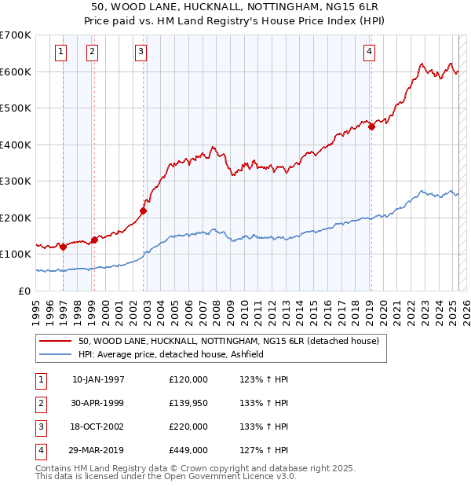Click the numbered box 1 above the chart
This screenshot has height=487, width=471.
(61, 53)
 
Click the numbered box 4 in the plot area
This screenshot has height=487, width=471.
(369, 53)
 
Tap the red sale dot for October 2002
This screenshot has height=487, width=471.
(144, 211)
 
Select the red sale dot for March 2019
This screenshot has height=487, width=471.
(371, 127)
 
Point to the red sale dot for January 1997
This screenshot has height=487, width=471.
(63, 247)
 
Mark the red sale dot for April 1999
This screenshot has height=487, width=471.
(94, 240)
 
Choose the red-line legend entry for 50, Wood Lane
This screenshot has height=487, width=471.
(228, 341)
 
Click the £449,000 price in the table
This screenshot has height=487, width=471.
(188, 450)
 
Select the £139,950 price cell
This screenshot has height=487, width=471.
(188, 403)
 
